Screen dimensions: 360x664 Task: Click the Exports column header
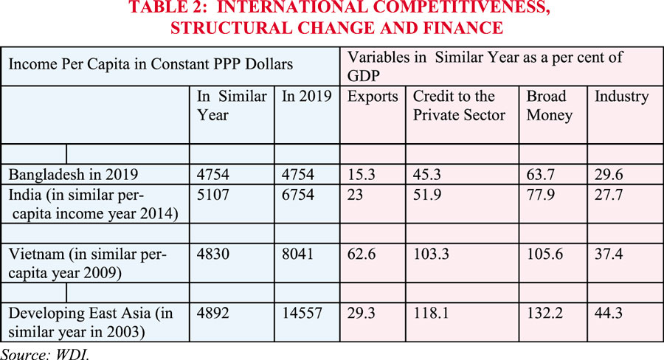(x=373, y=97)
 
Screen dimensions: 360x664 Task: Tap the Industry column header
(x=622, y=97)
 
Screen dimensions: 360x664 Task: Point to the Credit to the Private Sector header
(x=459, y=105)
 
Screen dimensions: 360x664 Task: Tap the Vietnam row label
(x=88, y=263)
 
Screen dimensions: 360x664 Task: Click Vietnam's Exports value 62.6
(x=362, y=255)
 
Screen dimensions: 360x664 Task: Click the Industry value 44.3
(x=609, y=313)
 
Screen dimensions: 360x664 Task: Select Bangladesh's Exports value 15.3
(x=362, y=175)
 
